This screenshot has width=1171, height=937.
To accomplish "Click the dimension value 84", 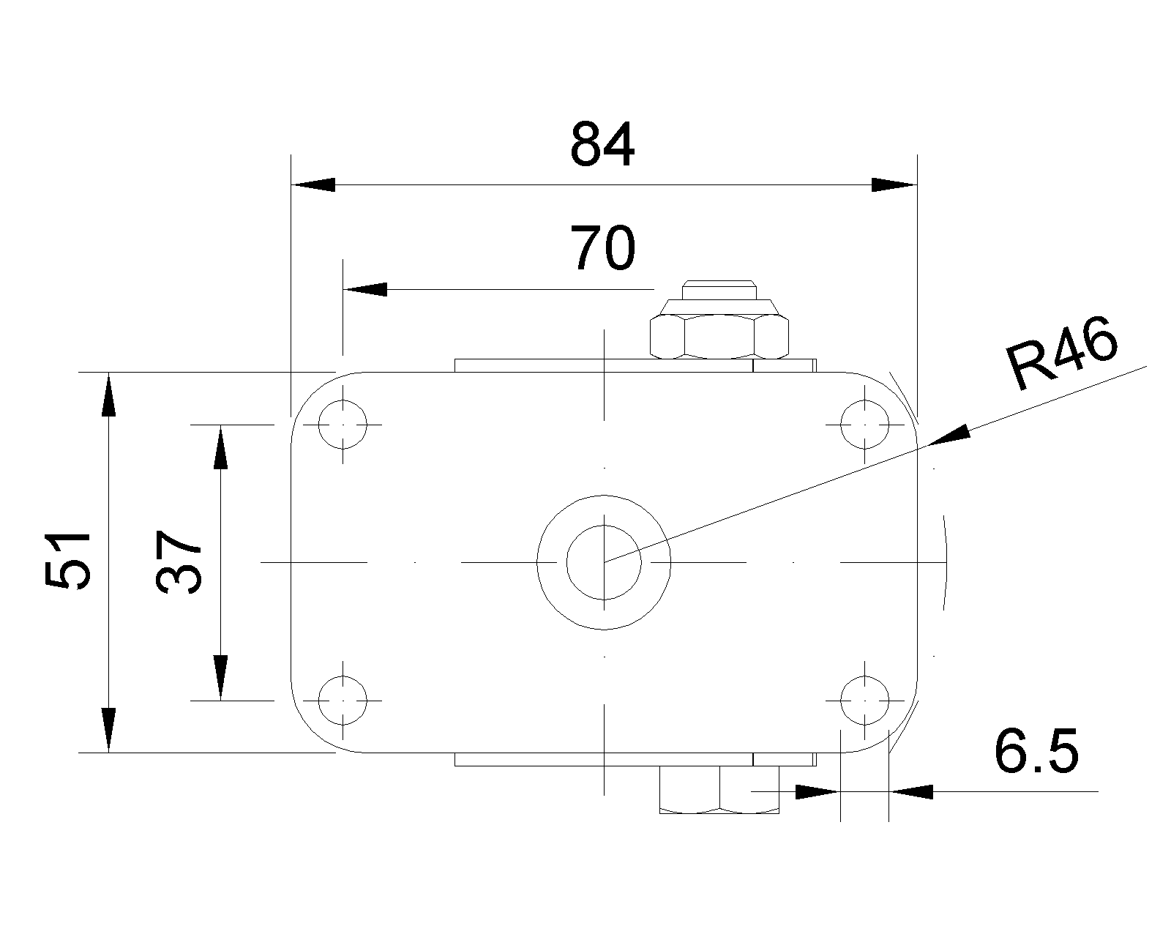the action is click(x=602, y=144).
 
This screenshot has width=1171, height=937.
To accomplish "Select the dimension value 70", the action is click(x=602, y=247).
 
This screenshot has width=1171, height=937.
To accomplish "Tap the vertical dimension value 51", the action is click(x=67, y=561).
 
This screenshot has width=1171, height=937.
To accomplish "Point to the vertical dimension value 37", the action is click(x=179, y=561).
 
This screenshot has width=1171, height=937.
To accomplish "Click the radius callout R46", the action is click(x=1062, y=353).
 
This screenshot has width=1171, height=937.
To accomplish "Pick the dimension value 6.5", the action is click(x=1036, y=751).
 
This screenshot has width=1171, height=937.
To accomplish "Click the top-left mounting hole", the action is click(x=343, y=425).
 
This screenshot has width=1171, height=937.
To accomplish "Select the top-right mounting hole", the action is click(x=864, y=425).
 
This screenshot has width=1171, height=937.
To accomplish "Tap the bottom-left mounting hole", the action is click(x=343, y=701).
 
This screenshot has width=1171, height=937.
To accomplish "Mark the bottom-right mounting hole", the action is click(x=864, y=701).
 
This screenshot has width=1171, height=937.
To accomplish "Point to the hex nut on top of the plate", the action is click(x=719, y=337).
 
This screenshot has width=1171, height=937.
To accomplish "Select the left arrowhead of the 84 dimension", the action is click(x=313, y=184).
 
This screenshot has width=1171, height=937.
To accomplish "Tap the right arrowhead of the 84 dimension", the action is click(x=894, y=184).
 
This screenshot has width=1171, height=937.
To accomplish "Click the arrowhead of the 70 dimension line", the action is click(x=364, y=290).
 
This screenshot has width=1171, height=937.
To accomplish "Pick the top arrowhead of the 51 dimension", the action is click(x=109, y=394).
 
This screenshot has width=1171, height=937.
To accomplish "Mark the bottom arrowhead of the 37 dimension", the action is click(x=220, y=678).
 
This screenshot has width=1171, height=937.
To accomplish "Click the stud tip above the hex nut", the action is click(x=719, y=290).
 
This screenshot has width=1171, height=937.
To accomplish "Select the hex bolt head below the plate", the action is click(x=719, y=789).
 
